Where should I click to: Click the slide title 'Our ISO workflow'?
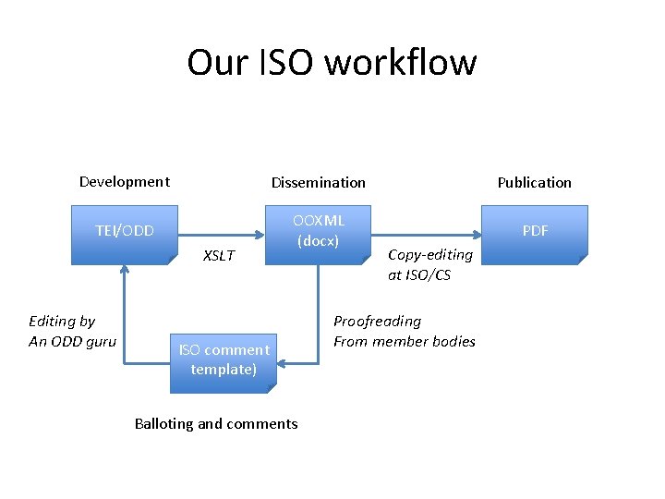tap(332, 63)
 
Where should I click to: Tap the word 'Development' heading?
tap(125, 182)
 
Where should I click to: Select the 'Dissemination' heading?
tap(318, 183)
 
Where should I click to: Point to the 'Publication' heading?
tap(534, 183)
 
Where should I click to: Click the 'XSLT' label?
tap(219, 256)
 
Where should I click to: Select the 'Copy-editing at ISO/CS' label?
tap(429, 265)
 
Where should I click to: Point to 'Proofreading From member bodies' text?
tap(404, 332)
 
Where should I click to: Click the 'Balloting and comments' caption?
tap(216, 424)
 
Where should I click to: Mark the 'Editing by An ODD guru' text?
tap(72, 332)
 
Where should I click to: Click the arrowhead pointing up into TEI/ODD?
tap(124, 270)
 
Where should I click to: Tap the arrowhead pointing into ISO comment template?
tap(280, 363)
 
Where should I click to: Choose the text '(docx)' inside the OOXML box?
tap(318, 242)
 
